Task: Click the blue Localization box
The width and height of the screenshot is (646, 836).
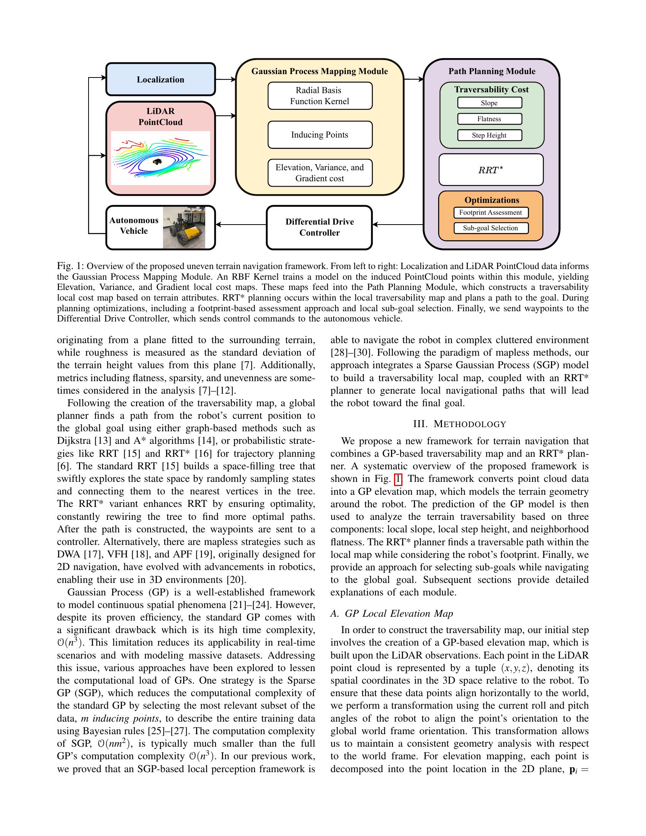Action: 160,79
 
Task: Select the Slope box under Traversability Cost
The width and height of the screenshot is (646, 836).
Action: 489,103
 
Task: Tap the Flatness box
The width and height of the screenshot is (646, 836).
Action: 489,119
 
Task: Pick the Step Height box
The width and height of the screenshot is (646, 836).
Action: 489,135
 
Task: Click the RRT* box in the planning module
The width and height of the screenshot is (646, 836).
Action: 491,170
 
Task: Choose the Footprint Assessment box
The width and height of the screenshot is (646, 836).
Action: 490,212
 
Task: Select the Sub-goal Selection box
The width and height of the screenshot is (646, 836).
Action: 490,228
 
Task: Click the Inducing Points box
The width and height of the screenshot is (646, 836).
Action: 320,135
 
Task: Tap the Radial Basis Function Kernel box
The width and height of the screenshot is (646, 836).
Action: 320,96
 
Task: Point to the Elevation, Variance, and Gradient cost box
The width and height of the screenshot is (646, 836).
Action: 320,173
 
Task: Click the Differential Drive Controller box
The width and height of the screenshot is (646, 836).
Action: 319,227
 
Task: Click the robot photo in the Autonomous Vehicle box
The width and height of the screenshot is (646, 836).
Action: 184,228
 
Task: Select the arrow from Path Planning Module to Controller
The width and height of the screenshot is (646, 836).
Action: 398,225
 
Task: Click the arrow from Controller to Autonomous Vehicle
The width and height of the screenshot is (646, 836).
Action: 241,225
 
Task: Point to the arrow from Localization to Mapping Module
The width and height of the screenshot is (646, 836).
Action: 226,79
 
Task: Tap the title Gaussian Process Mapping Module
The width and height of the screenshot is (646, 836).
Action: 320,71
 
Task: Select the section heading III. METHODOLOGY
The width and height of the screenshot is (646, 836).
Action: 460,424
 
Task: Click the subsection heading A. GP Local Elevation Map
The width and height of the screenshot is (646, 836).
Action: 391,614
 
